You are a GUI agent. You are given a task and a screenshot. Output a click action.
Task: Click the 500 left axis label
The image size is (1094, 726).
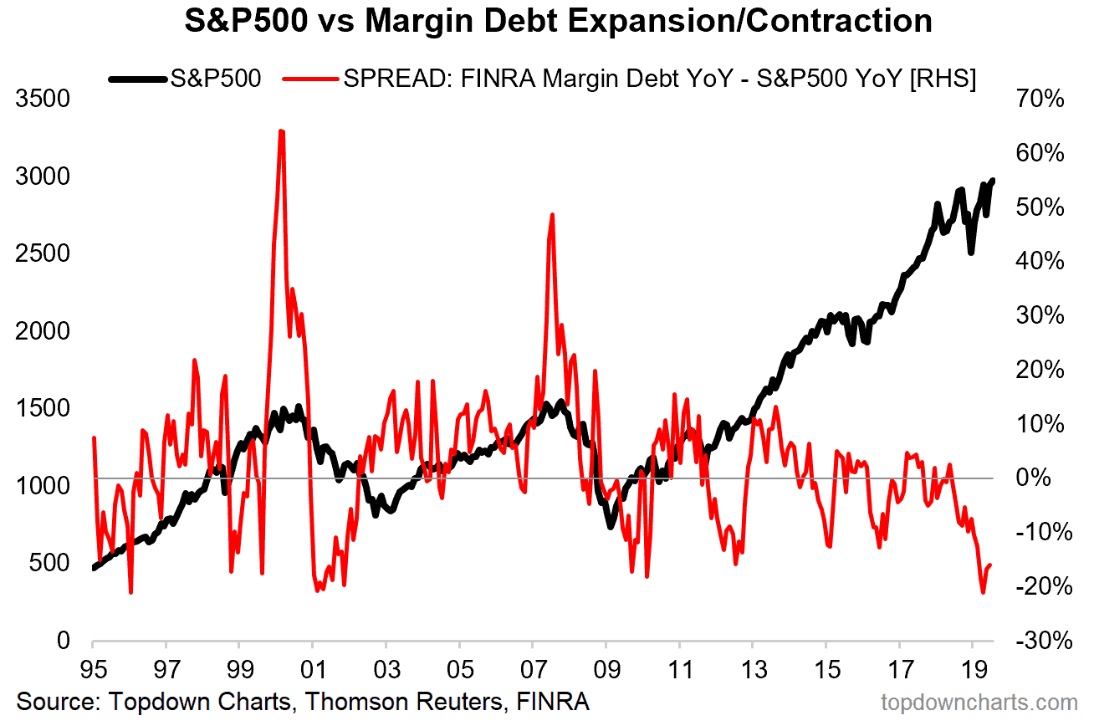click(x=49, y=564)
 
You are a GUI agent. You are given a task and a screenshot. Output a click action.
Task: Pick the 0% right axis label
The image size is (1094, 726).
click(x=1045, y=478)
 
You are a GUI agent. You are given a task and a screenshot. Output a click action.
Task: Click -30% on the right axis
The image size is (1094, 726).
click(x=1040, y=642)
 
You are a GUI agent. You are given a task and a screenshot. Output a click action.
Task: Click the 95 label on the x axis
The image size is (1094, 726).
click(x=93, y=671)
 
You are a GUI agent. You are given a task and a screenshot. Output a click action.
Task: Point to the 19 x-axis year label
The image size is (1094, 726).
click(x=973, y=671)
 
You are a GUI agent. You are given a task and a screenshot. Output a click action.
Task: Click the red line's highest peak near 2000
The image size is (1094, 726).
click(x=281, y=131)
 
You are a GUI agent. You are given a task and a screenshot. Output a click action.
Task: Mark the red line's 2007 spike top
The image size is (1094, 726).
click(x=552, y=215)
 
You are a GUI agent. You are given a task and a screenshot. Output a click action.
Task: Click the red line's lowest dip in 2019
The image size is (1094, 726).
click(x=984, y=593)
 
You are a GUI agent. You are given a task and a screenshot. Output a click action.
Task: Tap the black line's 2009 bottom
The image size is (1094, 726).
click(x=611, y=527)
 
